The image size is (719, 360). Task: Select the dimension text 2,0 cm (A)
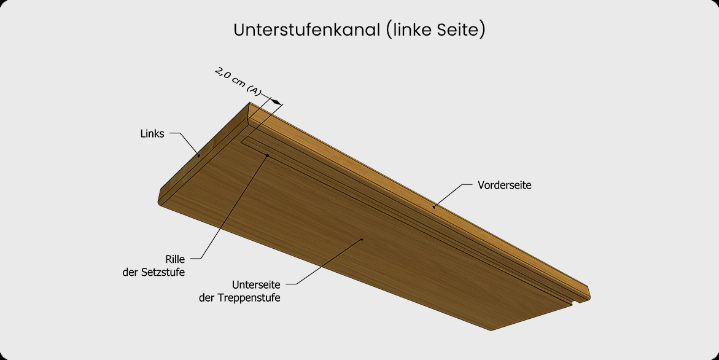[x=238, y=82]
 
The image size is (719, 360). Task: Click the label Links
[x=152, y=133]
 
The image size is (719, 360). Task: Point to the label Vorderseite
[x=504, y=186]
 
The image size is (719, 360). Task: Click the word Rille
[x=175, y=259]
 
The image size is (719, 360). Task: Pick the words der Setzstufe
[x=154, y=272]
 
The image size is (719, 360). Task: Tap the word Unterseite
[x=256, y=285]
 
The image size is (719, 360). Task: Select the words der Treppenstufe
[x=239, y=297]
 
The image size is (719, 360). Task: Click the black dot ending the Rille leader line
[x=267, y=156]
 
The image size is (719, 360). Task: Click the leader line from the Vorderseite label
[x=453, y=196]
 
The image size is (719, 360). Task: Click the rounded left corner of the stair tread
[x=160, y=201]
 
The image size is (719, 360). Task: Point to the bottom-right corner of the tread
[x=491, y=330]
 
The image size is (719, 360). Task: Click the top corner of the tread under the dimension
[x=249, y=102]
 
